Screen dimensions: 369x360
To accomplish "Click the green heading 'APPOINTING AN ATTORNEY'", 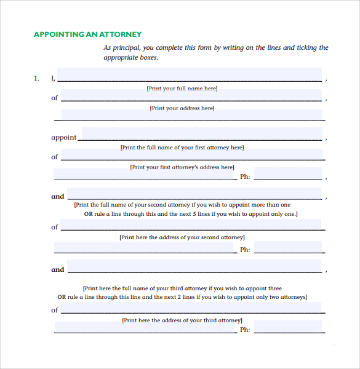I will click(87, 34).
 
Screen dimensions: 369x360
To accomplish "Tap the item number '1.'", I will click(37, 78).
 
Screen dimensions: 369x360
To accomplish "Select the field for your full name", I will click(189, 75).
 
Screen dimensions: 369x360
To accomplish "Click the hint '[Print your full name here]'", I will click(182, 89).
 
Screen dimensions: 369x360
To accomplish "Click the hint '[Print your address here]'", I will click(182, 108).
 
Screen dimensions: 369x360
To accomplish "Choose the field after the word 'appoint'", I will click(201, 135).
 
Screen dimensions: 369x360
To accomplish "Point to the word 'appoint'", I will click(63, 138).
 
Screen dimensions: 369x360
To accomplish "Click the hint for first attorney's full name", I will click(182, 148).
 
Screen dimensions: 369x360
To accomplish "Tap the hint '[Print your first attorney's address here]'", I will click(182, 167).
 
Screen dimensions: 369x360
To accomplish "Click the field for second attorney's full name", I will click(194, 194).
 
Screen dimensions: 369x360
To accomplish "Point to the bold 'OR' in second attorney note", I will click(88, 214).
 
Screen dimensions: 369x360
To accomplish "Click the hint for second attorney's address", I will click(182, 237).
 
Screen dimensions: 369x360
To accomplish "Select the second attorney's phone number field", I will click(288, 247).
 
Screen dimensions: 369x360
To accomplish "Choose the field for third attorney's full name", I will click(194, 267).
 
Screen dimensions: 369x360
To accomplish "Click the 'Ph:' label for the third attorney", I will click(245, 330).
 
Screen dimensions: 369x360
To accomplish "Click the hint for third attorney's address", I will click(182, 320).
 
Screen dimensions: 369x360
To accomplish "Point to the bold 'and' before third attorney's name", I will click(58, 269).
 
